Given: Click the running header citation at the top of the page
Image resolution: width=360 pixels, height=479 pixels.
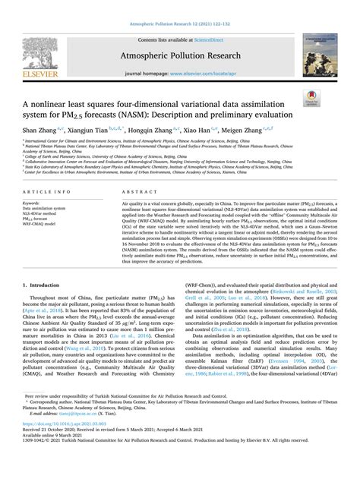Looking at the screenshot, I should coord(179,5).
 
